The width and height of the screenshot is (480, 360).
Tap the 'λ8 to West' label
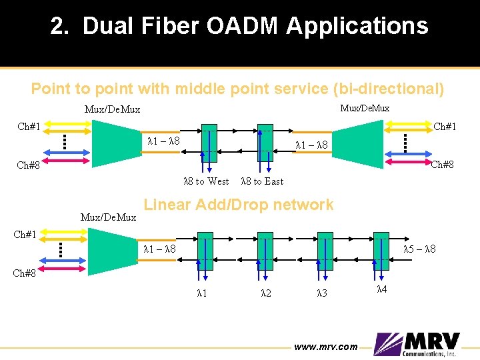(206, 181)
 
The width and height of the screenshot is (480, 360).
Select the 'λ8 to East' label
(261, 181)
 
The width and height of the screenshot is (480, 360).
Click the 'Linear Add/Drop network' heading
(239, 205)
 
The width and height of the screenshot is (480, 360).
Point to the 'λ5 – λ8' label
(420, 249)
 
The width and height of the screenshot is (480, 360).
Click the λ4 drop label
(382, 289)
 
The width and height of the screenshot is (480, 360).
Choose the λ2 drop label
(265, 293)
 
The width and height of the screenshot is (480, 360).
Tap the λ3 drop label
(323, 293)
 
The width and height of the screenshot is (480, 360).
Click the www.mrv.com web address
(326, 347)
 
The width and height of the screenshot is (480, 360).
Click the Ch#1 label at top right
(444, 126)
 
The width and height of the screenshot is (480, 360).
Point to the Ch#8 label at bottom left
(27, 273)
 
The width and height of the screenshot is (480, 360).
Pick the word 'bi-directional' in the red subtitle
(400, 89)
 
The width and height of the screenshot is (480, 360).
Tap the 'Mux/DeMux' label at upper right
(365, 108)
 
